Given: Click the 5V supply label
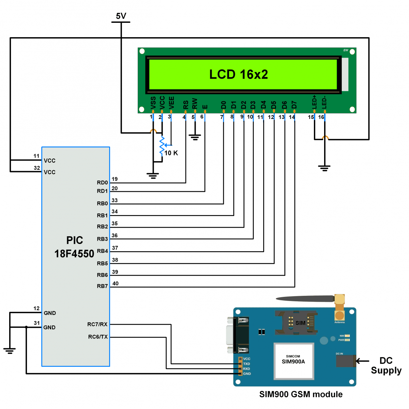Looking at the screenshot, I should tap(121, 16).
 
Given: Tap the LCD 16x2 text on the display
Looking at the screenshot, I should tap(239, 74).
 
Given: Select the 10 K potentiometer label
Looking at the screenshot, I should tap(171, 153).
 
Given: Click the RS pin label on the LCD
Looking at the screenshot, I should tap(186, 105).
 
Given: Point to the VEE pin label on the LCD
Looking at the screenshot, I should tap(171, 103).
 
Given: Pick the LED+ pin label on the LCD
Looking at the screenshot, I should tap(314, 102).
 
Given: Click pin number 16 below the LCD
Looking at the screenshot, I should tap(321, 117).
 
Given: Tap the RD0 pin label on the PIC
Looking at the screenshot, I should tap(102, 183).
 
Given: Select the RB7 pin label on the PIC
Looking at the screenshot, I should tap(102, 286).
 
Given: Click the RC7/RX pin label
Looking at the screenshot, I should tap(97, 324).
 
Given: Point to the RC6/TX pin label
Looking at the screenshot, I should tap(98, 337).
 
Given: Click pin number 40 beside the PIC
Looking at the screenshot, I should tap(116, 284).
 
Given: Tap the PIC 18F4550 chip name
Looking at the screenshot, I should tap(74, 247).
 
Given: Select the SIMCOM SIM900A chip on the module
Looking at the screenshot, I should tap(293, 361).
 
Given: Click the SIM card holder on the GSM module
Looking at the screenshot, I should tap(296, 322).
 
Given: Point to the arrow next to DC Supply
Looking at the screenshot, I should tap(363, 361).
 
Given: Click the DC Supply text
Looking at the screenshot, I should tap(386, 365).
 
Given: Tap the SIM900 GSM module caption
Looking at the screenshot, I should tap(301, 394).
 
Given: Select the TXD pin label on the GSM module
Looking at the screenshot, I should tap(246, 364).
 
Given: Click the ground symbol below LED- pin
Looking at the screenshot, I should tap(324, 168).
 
